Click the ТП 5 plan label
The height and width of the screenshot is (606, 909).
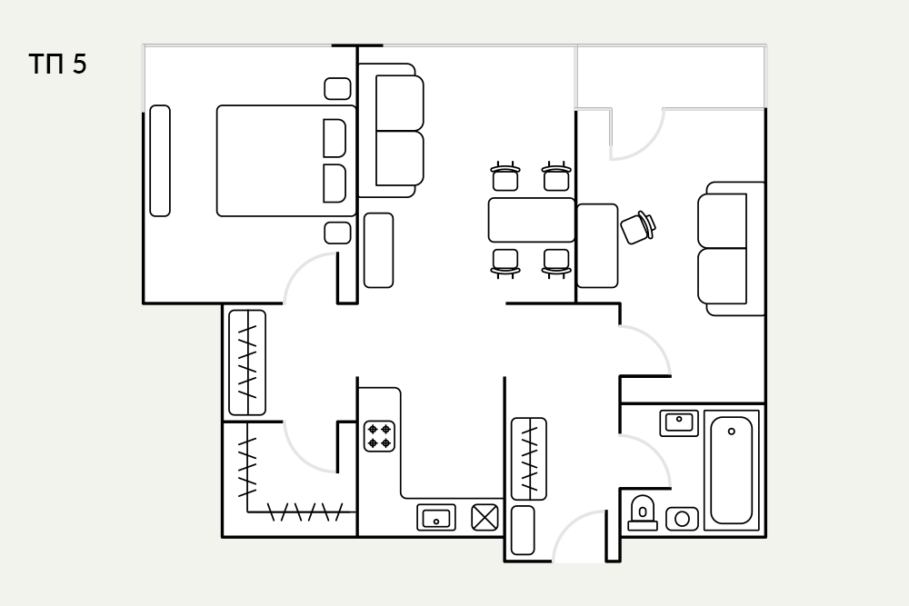[x=57, y=64]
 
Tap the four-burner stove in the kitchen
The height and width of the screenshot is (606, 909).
[x=380, y=436]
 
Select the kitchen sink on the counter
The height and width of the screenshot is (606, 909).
[x=436, y=517]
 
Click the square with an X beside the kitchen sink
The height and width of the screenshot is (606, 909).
[x=484, y=517]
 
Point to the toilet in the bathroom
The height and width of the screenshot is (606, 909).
[x=643, y=513]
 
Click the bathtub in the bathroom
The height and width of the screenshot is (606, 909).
[x=732, y=470]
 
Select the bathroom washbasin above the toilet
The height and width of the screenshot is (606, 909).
[x=679, y=422]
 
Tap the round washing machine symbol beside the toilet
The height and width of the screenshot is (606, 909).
[x=682, y=519]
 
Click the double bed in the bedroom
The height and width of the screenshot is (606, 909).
[x=286, y=161]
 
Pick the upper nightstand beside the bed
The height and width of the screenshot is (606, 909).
[x=337, y=89]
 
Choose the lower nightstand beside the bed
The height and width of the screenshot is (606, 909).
[x=337, y=233]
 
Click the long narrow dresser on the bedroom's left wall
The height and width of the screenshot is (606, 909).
[x=160, y=161]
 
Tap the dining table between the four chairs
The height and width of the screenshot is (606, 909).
[x=532, y=220]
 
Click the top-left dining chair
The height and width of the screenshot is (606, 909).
[x=504, y=176]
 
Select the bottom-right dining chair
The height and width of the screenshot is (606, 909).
[x=556, y=263]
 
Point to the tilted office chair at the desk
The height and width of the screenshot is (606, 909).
[x=638, y=227]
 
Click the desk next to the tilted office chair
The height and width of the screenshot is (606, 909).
[x=598, y=245]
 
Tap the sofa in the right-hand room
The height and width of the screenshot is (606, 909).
[x=731, y=249]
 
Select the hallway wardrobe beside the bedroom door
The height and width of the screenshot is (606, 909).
[x=247, y=363]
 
